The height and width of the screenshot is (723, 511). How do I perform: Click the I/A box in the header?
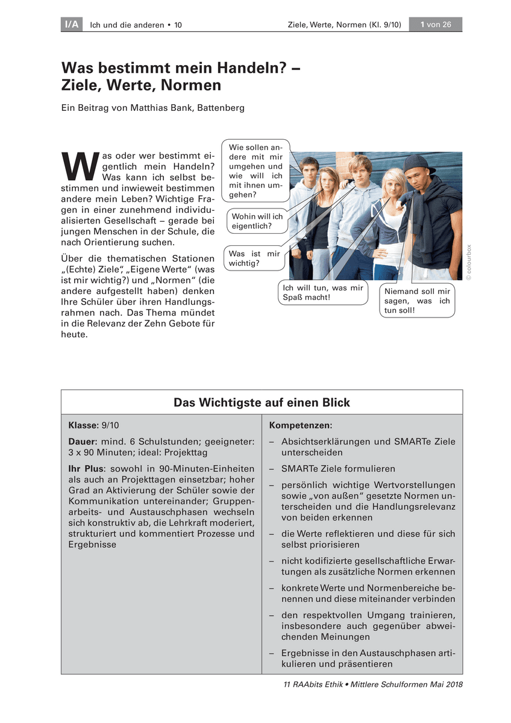[x=71, y=25]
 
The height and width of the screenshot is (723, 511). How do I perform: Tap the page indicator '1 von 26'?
[x=436, y=25]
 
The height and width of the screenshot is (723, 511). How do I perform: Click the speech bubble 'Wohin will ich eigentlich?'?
[x=257, y=221]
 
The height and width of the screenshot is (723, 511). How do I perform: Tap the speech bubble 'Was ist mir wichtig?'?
[x=254, y=258]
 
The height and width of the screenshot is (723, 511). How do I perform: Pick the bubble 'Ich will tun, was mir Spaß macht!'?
[x=323, y=293]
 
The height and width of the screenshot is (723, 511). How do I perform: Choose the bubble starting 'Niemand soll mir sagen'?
[x=417, y=300]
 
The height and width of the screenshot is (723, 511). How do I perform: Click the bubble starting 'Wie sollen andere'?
[x=255, y=171]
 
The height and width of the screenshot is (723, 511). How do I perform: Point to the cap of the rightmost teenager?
[x=419, y=162]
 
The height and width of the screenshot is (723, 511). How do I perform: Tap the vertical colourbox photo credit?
[x=469, y=261]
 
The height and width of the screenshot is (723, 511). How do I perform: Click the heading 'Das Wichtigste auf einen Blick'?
[x=262, y=402]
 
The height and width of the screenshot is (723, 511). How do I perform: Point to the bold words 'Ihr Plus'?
[x=85, y=468]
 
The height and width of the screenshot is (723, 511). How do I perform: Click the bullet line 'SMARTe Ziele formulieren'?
[x=338, y=468]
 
